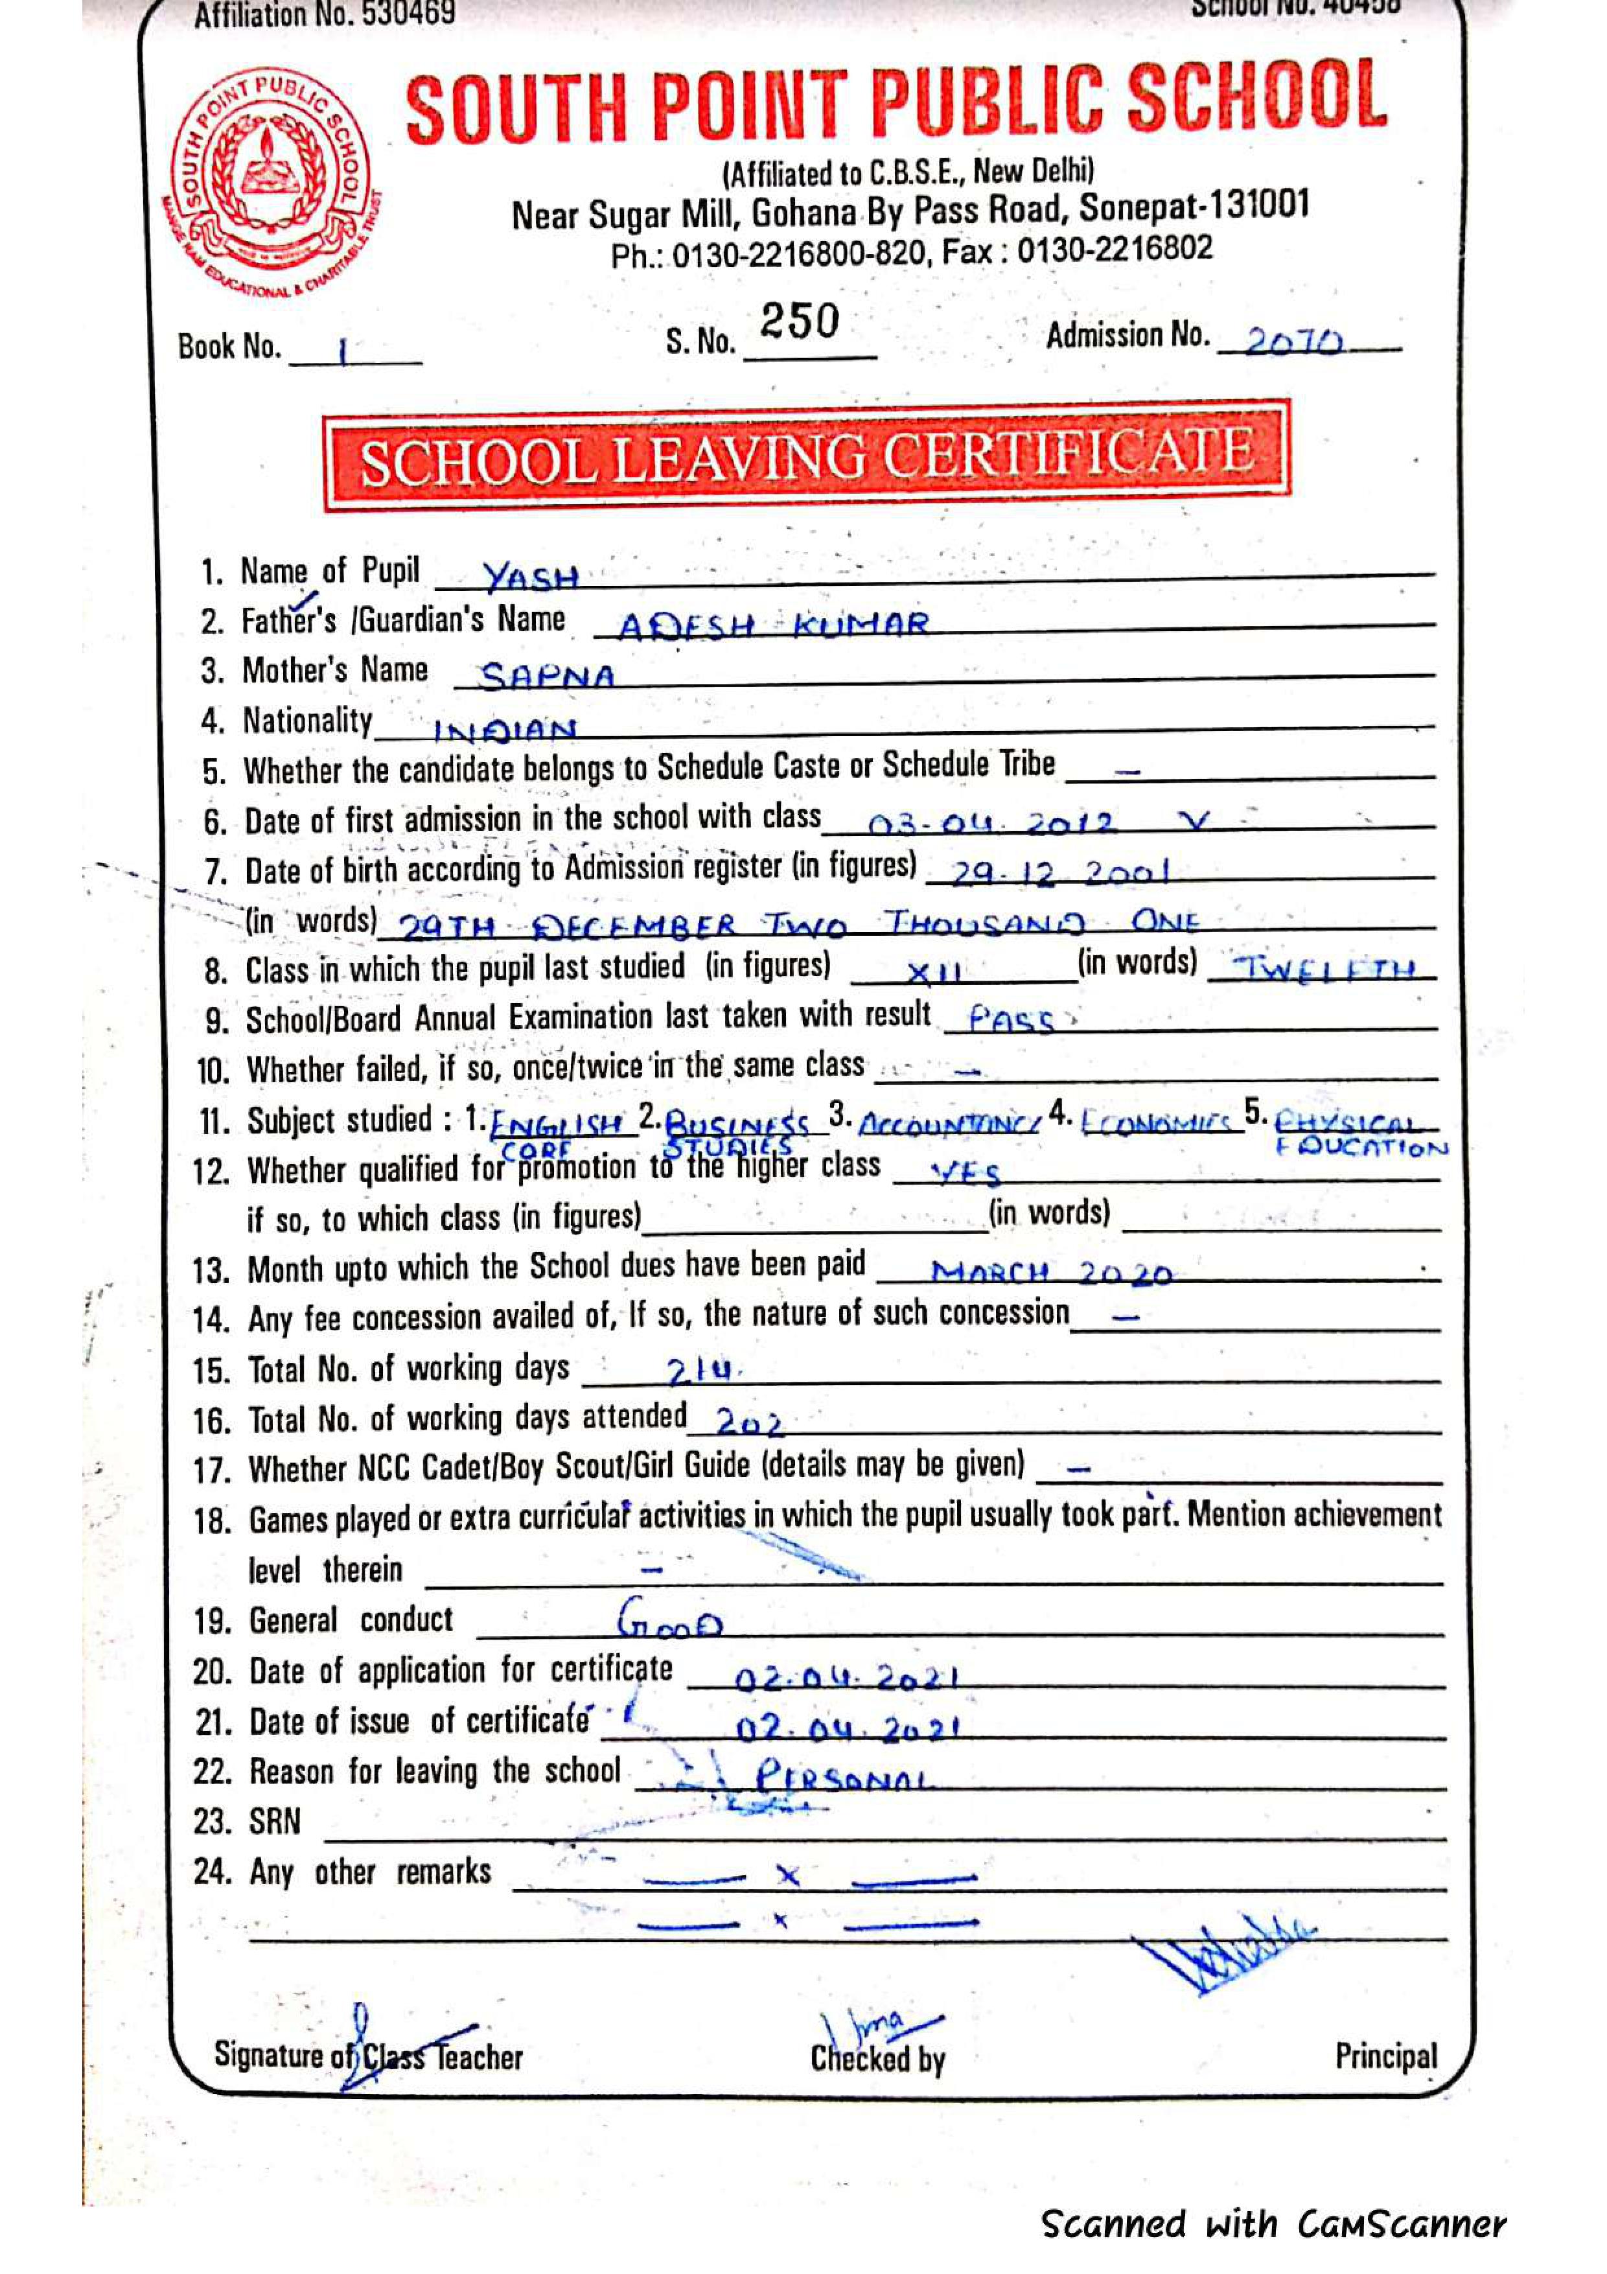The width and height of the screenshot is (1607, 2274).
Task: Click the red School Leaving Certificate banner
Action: pyautogui.click(x=806, y=457)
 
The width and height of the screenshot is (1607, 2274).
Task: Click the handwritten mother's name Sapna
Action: pyautogui.click(x=546, y=677)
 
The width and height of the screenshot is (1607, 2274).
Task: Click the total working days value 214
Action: pyautogui.click(x=703, y=1373)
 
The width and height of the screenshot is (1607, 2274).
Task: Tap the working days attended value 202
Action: pyautogui.click(x=748, y=1423)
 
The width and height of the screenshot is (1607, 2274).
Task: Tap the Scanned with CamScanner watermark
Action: pyautogui.click(x=1273, y=2223)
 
